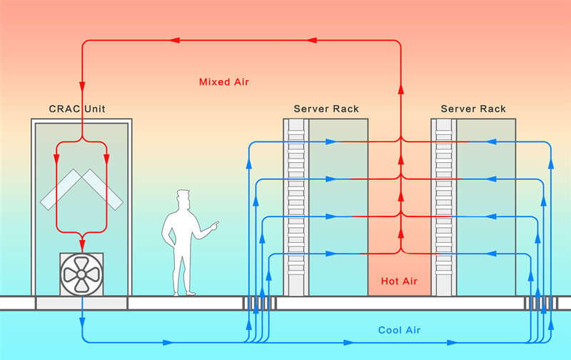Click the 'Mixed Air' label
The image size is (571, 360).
[224, 82]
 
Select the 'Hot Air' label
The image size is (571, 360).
[399, 281]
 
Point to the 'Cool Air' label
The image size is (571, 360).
[400, 330]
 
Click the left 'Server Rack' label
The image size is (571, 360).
[326, 109]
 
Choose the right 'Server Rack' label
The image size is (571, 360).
[473, 109]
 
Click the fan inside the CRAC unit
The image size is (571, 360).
[81, 274]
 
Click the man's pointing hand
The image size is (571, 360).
[214, 226]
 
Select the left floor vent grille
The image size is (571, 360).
[258, 303]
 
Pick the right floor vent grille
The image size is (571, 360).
[540, 303]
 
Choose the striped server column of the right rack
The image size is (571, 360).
[444, 207]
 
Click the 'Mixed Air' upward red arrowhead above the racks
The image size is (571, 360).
[400, 91]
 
